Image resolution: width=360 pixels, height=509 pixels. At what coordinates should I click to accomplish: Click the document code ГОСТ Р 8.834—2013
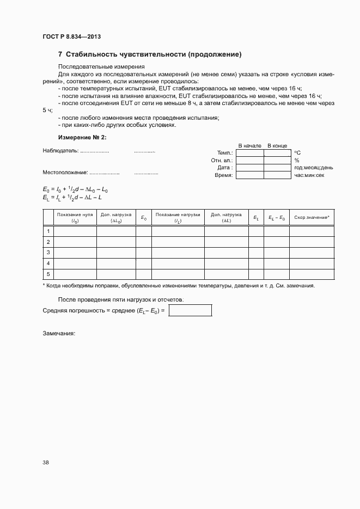tap(71, 36)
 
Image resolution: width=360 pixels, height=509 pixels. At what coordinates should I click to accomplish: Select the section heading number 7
tap(60, 54)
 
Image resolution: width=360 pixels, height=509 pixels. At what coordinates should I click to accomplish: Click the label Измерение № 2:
tap(82, 137)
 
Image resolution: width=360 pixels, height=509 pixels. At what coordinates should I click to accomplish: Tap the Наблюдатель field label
tap(60, 150)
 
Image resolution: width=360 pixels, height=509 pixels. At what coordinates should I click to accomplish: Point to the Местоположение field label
tap(65, 173)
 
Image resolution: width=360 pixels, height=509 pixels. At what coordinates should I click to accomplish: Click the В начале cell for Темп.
tap(249, 153)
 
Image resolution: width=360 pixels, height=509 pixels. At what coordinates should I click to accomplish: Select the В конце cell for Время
tap(277, 175)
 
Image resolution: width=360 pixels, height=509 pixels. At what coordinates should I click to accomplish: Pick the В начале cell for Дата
tap(249, 168)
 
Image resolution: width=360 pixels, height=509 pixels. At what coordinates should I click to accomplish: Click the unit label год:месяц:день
tap(314, 168)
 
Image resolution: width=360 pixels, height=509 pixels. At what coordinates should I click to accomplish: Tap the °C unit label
tap(297, 153)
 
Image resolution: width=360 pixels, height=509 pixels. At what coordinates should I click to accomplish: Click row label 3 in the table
tap(48, 253)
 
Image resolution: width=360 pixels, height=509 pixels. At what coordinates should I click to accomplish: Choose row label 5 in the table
tap(48, 274)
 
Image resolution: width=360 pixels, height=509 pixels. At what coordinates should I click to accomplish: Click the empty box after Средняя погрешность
tap(190, 310)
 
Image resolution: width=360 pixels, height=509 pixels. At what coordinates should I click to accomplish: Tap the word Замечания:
tap(58, 333)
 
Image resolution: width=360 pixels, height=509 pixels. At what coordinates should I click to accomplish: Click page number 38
tap(46, 462)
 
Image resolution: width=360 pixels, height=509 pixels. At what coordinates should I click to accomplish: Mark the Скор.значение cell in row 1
tap(312, 231)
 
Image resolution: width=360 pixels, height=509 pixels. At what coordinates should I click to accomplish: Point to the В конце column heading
tap(277, 146)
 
